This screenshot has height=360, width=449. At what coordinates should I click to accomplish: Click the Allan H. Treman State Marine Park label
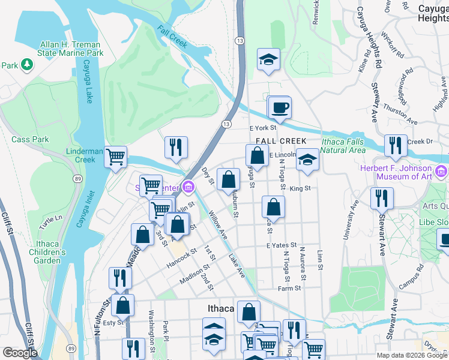pos(71,49)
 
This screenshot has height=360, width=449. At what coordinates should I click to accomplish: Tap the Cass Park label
pos(30,139)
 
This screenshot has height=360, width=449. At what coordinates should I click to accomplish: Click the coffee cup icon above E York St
pos(279,109)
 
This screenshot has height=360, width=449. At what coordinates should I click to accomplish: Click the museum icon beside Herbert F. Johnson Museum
pos(442,172)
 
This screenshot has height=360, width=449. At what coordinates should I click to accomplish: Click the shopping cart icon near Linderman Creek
pos(116,157)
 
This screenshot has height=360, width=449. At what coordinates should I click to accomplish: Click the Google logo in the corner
pos(19,353)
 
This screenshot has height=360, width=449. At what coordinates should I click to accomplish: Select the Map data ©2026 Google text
pos(411,355)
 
